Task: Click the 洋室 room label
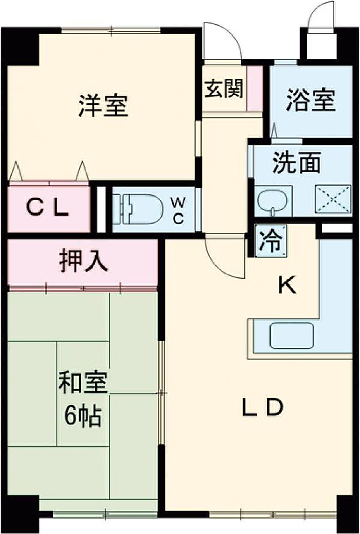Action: point(104,105)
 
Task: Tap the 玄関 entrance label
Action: point(224,88)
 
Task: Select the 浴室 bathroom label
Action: point(311,100)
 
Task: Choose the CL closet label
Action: point(48,208)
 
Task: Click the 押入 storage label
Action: point(84,261)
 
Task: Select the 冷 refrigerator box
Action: point(271,240)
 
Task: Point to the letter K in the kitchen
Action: point(288,286)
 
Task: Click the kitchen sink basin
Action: point(292,336)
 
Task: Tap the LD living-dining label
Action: point(262,407)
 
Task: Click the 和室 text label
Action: point(83,383)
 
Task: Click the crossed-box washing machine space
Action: point(333,199)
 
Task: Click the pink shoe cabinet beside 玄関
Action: point(255,88)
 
